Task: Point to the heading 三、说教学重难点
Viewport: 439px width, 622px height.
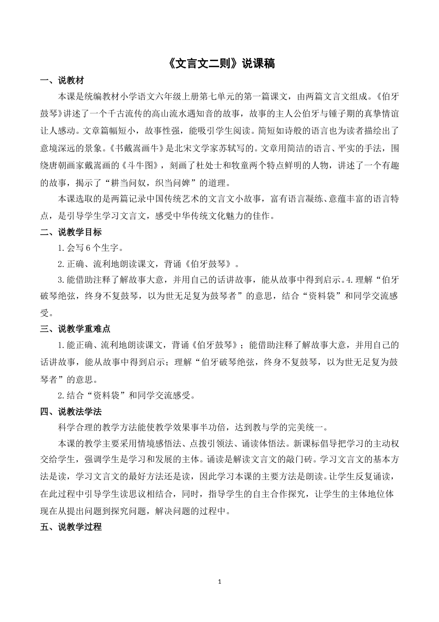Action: (75, 329)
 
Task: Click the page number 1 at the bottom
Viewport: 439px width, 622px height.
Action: (219, 582)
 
